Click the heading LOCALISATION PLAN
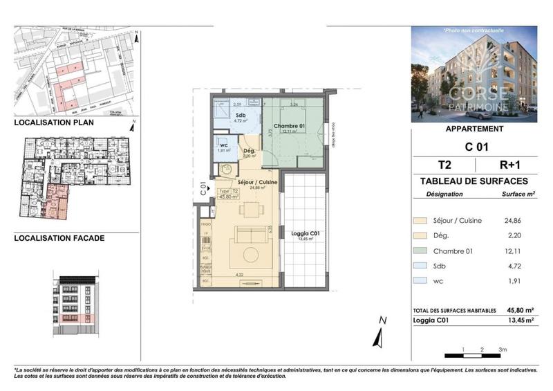[55, 122]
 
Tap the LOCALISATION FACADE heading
[59, 238]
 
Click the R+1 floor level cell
[509, 165]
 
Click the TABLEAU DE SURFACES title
[474, 181]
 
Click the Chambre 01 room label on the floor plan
[288, 126]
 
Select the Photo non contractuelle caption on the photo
[474, 31]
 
